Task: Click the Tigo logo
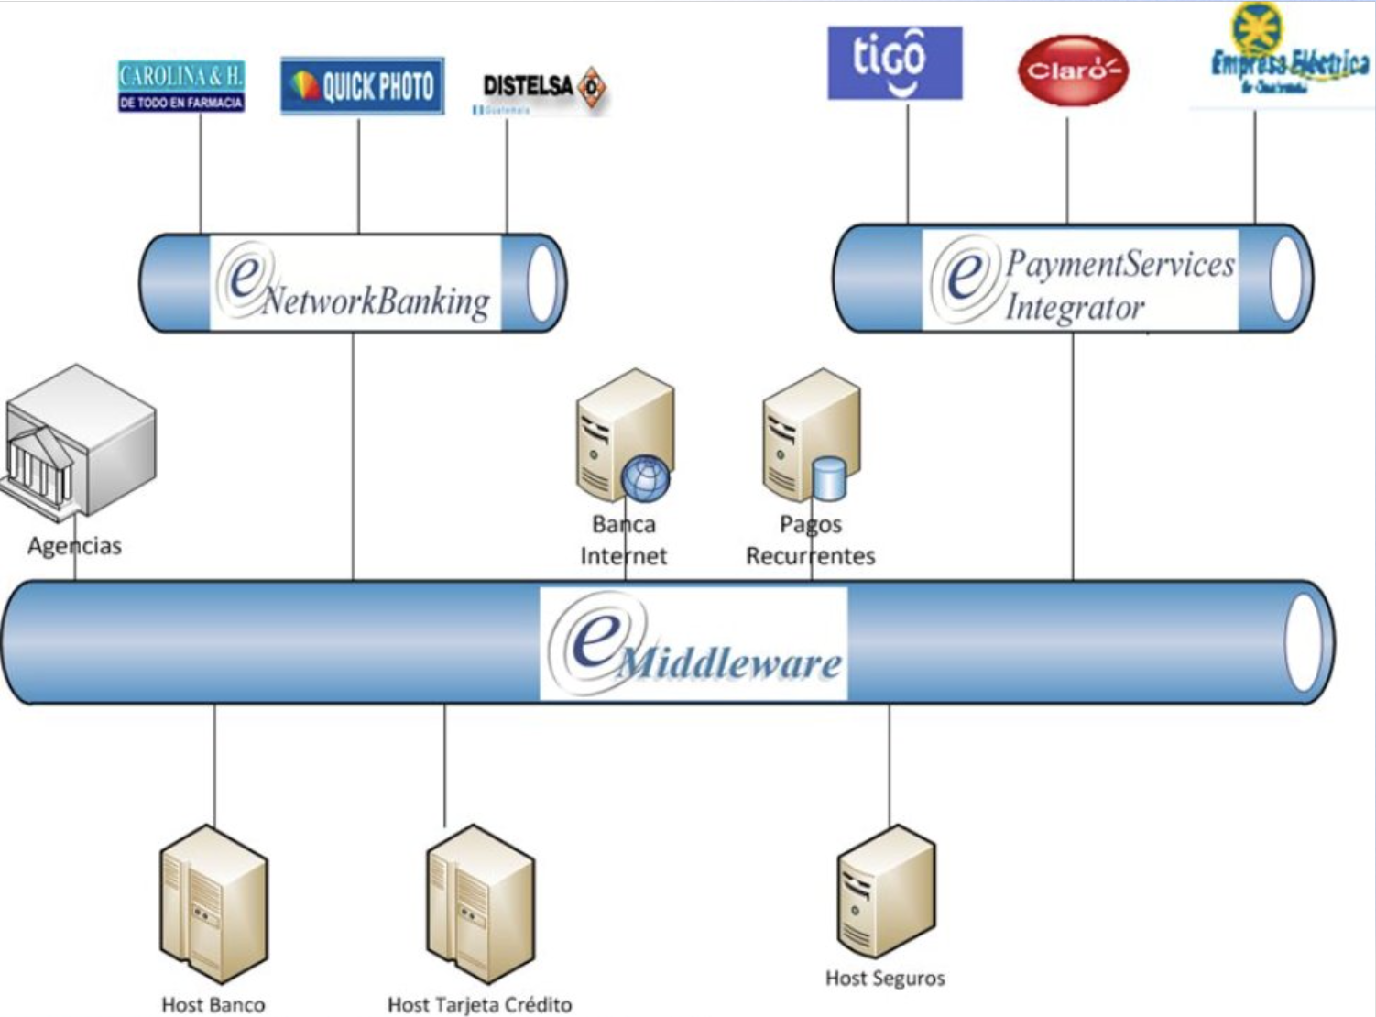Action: pos(894,62)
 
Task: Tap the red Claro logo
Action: pos(1072,71)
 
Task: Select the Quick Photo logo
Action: pos(362,86)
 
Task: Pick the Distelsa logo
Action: pos(542,90)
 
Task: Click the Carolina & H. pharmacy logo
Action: pos(181,86)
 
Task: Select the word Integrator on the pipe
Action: pos(1075,307)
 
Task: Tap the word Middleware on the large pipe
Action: pos(728,662)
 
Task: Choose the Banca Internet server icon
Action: pos(623,435)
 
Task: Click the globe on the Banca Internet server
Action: pos(646,479)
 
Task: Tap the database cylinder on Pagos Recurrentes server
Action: pos(829,479)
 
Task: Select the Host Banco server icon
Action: pos(213,902)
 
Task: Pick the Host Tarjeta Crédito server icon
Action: pos(480,902)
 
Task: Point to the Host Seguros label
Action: pos(885,979)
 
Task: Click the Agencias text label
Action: pos(74,546)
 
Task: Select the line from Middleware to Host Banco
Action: pos(215,765)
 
